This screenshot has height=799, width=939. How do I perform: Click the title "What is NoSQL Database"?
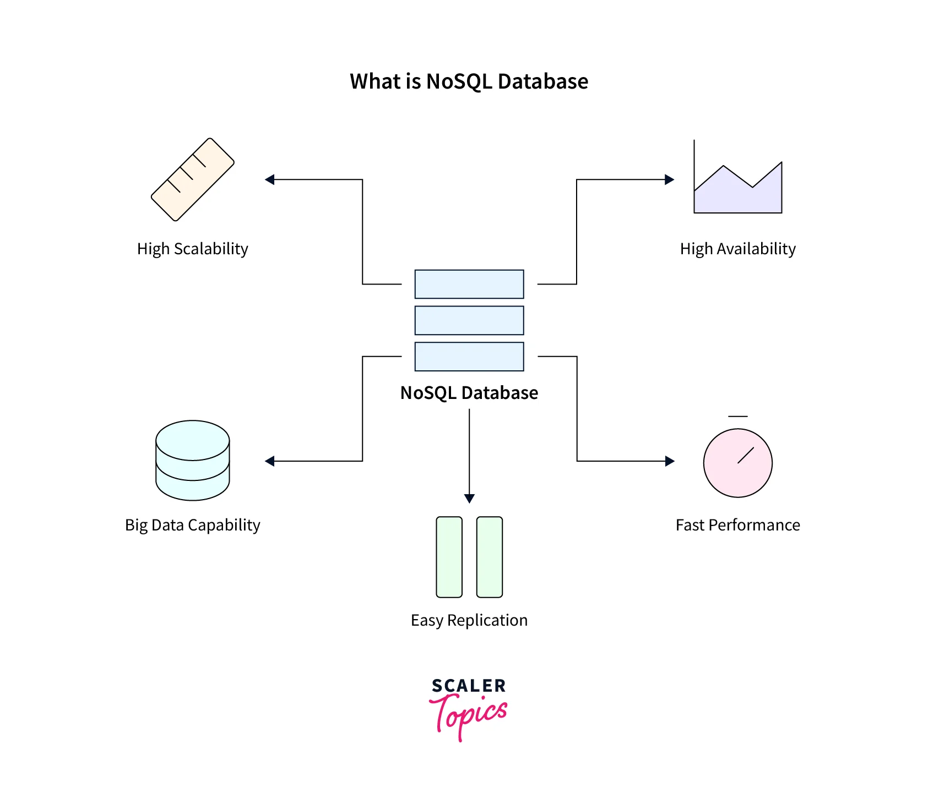[x=469, y=81]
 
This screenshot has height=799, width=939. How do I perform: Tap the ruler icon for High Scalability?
[x=193, y=179]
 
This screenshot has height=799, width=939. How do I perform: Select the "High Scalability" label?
[x=192, y=249]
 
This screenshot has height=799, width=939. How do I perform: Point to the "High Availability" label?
[x=737, y=249]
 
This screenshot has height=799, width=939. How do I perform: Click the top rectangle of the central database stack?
[x=469, y=284]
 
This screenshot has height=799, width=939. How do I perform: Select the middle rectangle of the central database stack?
[x=469, y=320]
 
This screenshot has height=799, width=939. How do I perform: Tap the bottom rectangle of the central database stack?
[x=469, y=357]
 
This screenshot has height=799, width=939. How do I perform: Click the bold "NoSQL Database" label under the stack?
[x=469, y=393]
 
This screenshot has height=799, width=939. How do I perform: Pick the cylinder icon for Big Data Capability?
[x=192, y=461]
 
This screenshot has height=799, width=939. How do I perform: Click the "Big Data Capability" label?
[x=192, y=525]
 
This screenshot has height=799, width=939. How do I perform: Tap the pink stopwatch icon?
[x=737, y=462]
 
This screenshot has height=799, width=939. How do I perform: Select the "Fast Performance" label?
[x=737, y=525]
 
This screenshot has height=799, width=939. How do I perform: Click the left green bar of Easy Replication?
[x=449, y=557]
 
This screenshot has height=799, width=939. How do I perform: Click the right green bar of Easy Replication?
[x=489, y=557]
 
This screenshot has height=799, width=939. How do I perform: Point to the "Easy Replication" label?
[x=469, y=620]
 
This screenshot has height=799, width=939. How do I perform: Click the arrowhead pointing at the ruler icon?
[x=270, y=179]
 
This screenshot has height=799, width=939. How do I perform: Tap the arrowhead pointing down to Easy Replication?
[x=469, y=499]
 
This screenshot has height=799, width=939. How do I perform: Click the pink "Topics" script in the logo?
[x=469, y=715]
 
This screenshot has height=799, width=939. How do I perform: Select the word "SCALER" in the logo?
[x=469, y=686]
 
